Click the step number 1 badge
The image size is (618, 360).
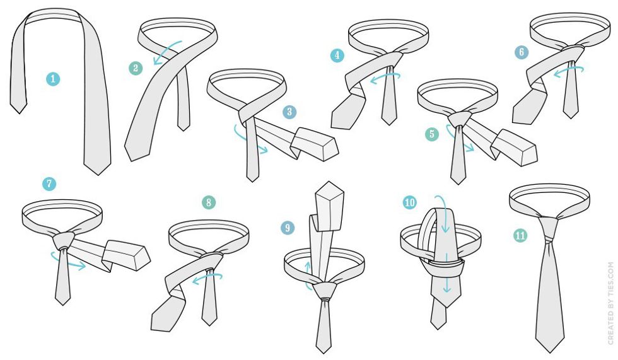(53, 79)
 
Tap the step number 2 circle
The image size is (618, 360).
(136, 68)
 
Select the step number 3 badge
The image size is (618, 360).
(289, 112)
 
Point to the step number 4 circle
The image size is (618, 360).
(337, 55)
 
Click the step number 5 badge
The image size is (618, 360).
(432, 134)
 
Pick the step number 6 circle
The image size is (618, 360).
(522, 52)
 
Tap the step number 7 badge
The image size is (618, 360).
(49, 183)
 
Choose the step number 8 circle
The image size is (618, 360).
(209, 203)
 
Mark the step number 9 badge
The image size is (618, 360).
(288, 228)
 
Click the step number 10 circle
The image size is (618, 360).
(410, 202)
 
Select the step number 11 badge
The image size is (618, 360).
(520, 236)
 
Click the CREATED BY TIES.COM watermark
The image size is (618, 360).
(610, 303)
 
